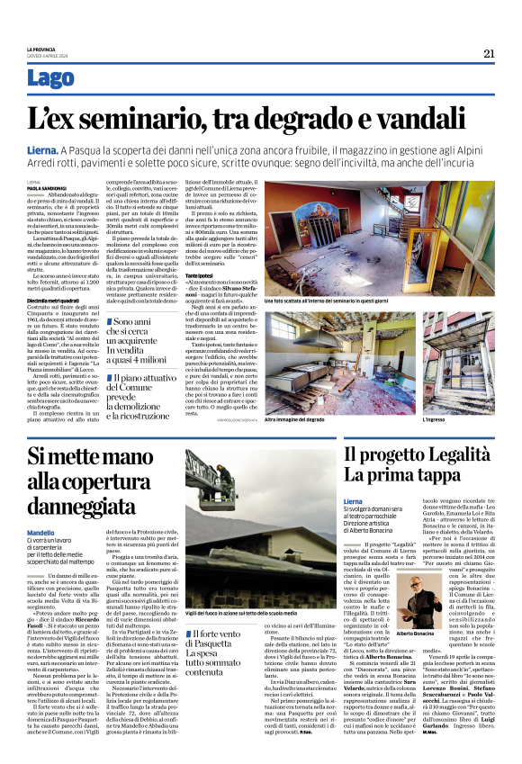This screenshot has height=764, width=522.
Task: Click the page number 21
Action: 489,53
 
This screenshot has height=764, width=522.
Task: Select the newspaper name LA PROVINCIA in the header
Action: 41,49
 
